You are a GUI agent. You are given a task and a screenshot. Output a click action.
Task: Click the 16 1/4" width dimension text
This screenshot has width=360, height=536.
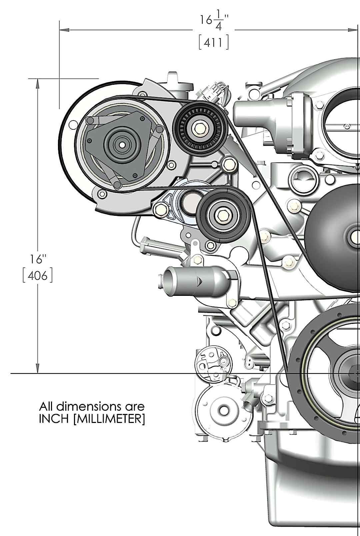213,22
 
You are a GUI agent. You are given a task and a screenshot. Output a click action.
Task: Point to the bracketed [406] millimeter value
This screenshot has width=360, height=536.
38,277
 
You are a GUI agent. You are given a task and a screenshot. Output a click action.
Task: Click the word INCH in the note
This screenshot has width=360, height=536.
55,420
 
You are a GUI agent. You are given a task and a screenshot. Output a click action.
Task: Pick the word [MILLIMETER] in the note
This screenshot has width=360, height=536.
109,420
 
